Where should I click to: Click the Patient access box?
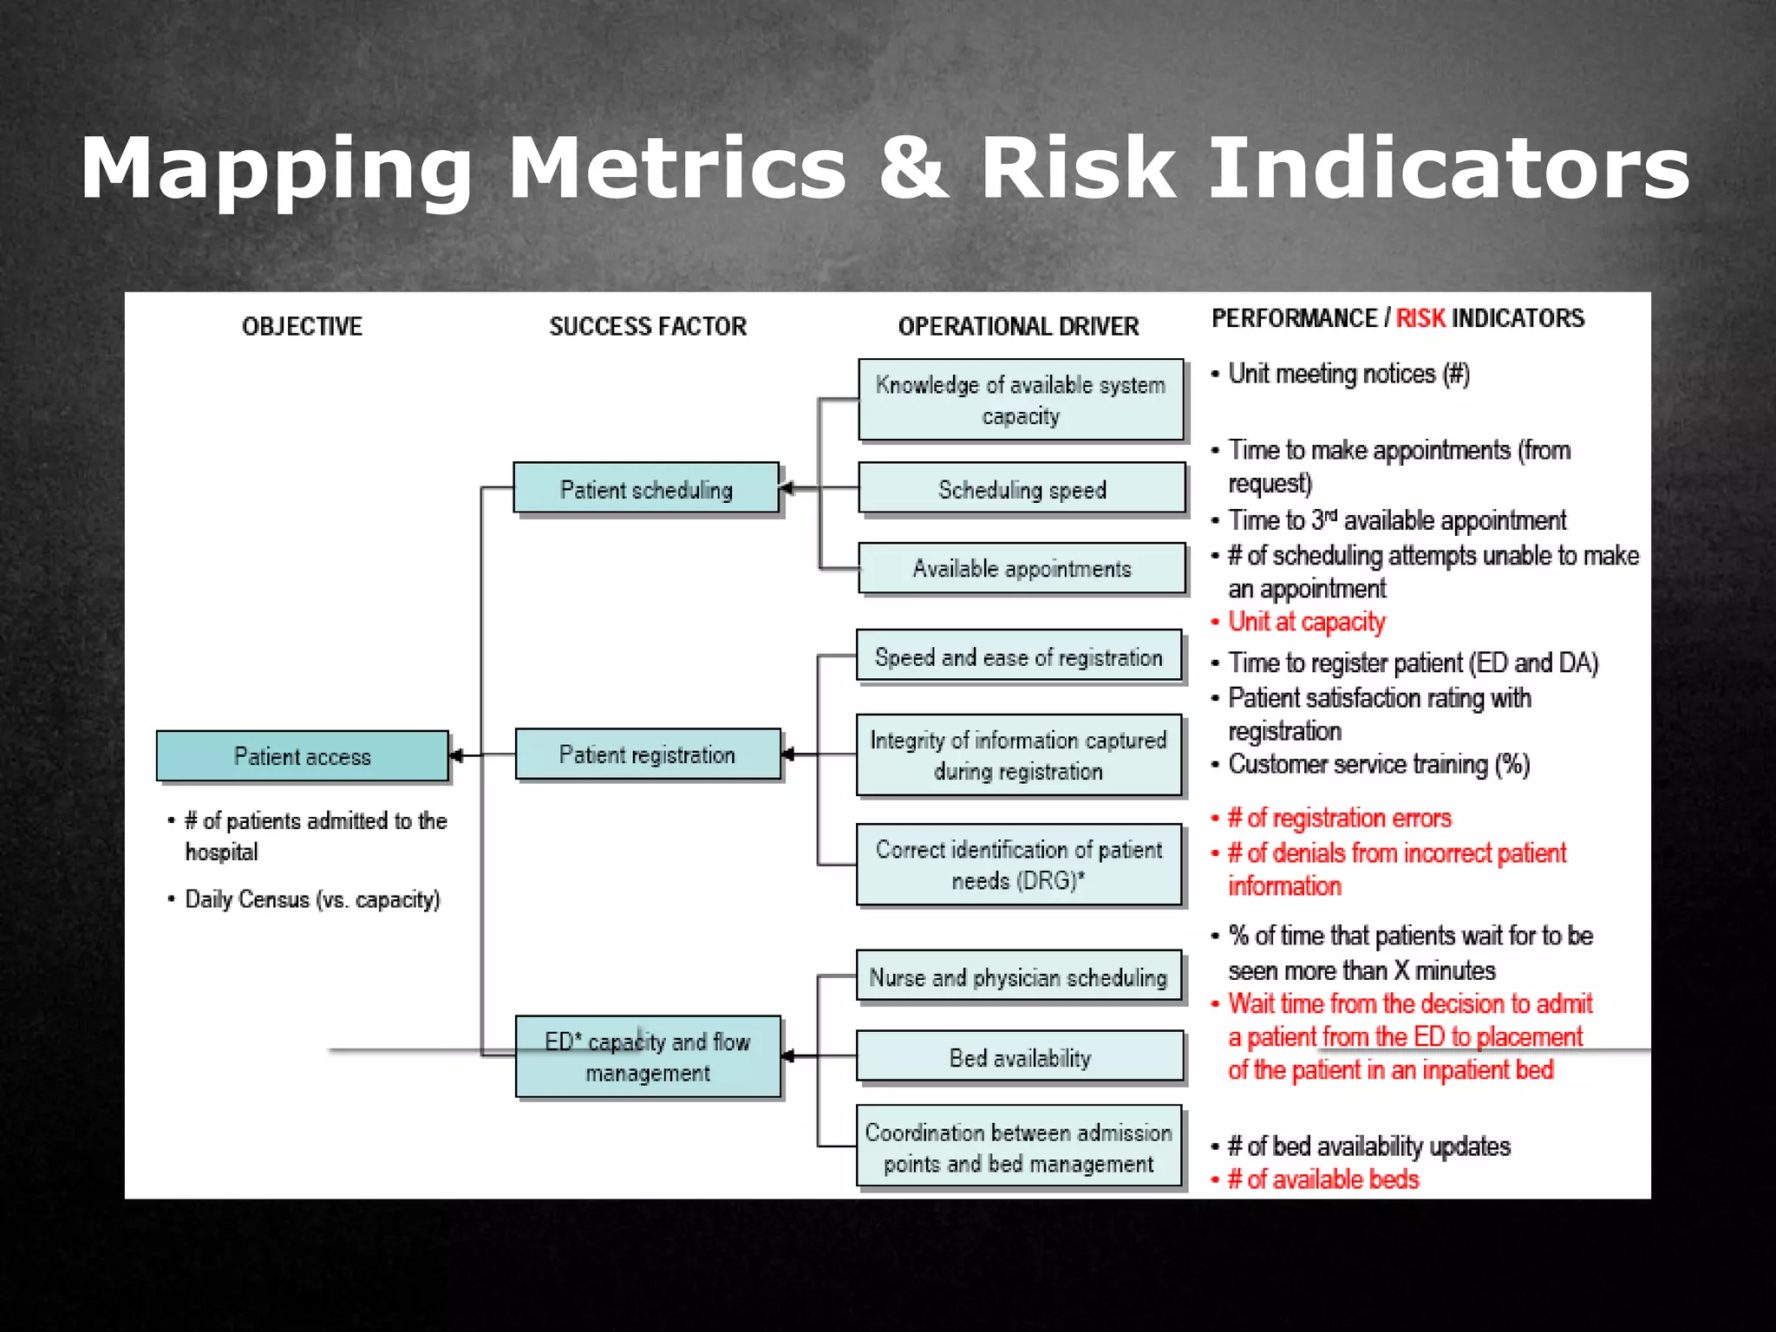click(x=302, y=756)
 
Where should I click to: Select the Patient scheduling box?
click(x=646, y=488)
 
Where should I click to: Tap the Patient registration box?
click(x=647, y=754)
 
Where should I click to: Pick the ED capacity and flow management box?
click(x=648, y=1056)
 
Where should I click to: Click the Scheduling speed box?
click(x=1022, y=488)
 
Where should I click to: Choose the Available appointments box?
click(x=1022, y=568)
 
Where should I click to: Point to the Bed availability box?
click(x=1020, y=1056)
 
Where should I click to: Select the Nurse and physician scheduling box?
click(x=1019, y=976)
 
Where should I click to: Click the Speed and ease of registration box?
click(x=1019, y=656)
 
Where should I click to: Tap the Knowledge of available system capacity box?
click(x=1021, y=400)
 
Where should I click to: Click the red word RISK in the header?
click(x=1420, y=318)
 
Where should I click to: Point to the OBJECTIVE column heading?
click(x=302, y=327)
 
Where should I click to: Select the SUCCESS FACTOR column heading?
click(x=648, y=327)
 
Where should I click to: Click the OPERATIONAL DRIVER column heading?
click(x=1018, y=327)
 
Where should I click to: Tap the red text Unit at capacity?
click(x=1307, y=622)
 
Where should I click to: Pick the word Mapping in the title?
click(x=277, y=170)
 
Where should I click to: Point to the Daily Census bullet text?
click(x=313, y=899)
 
